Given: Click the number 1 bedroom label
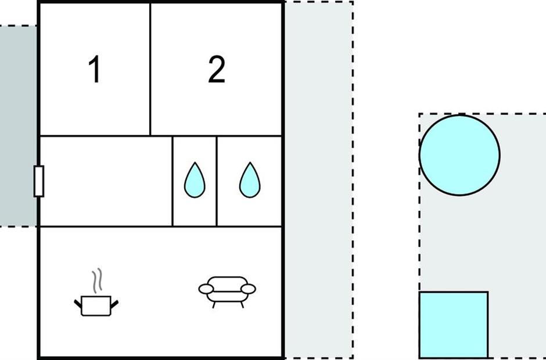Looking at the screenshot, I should [x=94, y=70].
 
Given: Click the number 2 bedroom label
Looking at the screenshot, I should [x=216, y=70].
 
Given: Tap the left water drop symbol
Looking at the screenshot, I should [x=195, y=179].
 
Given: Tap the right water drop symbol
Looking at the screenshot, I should [x=250, y=179].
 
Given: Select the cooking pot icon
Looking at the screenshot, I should [x=96, y=304].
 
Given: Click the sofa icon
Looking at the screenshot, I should [x=227, y=289].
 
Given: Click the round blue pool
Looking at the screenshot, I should [x=459, y=155].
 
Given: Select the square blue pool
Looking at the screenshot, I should [x=453, y=325].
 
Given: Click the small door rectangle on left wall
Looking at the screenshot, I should [x=39, y=181].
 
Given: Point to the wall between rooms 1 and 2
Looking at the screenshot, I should [x=150, y=70].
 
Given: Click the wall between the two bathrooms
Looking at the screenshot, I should [x=217, y=181].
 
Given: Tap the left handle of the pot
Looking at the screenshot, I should [x=78, y=303].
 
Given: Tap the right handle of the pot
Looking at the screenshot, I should [x=115, y=303].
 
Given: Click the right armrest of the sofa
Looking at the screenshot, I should [x=249, y=288].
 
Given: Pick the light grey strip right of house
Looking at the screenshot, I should [x=318, y=180].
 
